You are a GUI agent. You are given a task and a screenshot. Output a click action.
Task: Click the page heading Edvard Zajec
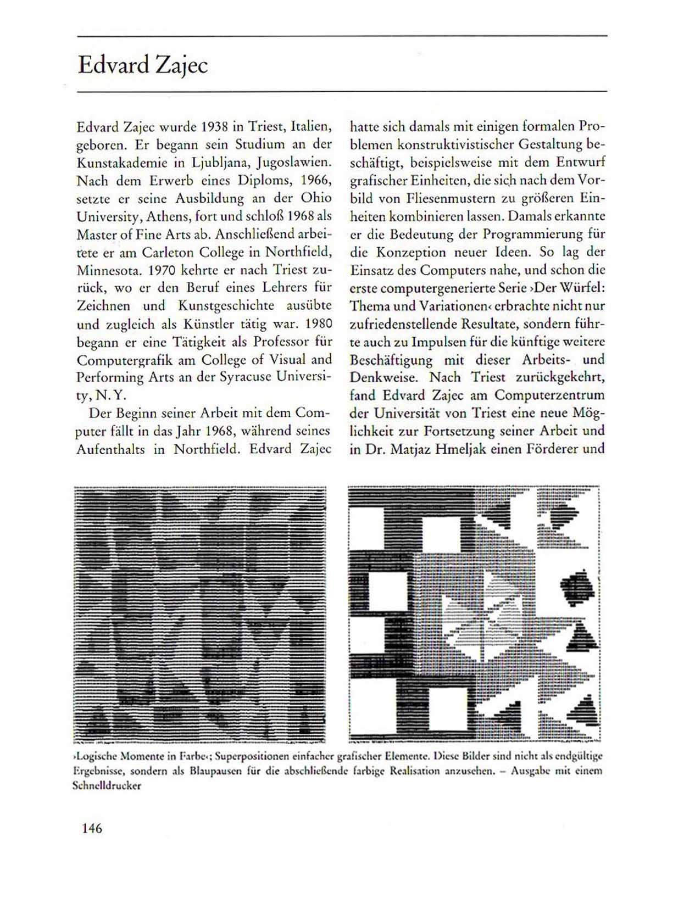tap(143, 65)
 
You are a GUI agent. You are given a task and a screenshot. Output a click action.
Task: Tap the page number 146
tap(92, 828)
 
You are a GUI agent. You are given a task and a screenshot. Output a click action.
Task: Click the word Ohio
tap(316, 198)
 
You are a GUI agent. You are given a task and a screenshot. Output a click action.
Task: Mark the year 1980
tap(318, 323)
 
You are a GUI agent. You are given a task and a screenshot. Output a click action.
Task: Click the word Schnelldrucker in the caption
tap(107, 785)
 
